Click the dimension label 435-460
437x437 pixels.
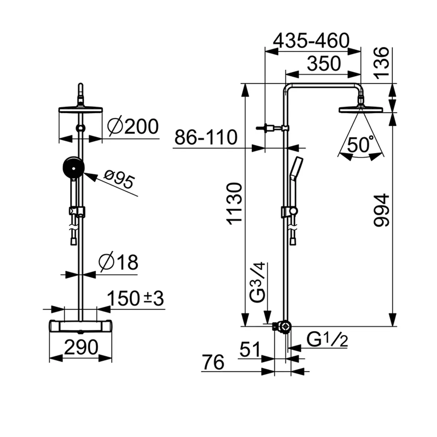click(311, 41)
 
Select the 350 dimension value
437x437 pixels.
click(324, 64)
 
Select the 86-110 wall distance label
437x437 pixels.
click(206, 138)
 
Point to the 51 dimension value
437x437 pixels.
click(250, 350)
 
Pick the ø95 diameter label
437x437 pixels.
click(119, 181)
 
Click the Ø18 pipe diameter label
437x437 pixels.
click(119, 262)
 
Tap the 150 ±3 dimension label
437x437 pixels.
click(136, 299)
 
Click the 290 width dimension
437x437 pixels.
click(81, 347)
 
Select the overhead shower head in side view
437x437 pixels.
click(361, 109)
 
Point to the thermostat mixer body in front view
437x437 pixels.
click(80, 326)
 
